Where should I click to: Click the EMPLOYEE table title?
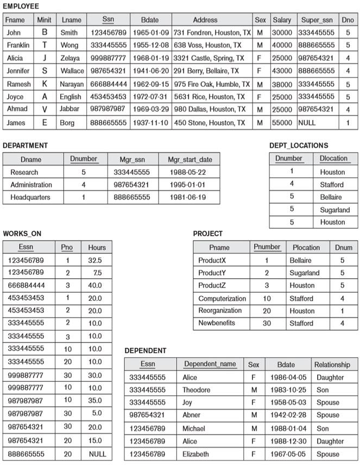coord(21,6)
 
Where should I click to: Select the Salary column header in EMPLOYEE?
coord(282,20)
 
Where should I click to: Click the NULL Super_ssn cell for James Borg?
coord(307,123)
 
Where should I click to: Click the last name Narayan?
coord(72,84)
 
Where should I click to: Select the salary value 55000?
coord(282,123)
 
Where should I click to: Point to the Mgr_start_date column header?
coord(190,160)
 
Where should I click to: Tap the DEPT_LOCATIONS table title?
coord(299,146)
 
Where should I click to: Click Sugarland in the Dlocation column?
coord(334,210)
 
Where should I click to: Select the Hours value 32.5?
coord(94,260)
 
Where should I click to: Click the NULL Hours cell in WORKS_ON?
coord(97,454)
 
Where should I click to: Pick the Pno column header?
coord(67,247)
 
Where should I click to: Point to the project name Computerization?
coord(222,298)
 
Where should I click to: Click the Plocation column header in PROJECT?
coord(306,247)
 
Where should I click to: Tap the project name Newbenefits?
coord(217,323)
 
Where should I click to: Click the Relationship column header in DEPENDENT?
coord(332,365)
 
